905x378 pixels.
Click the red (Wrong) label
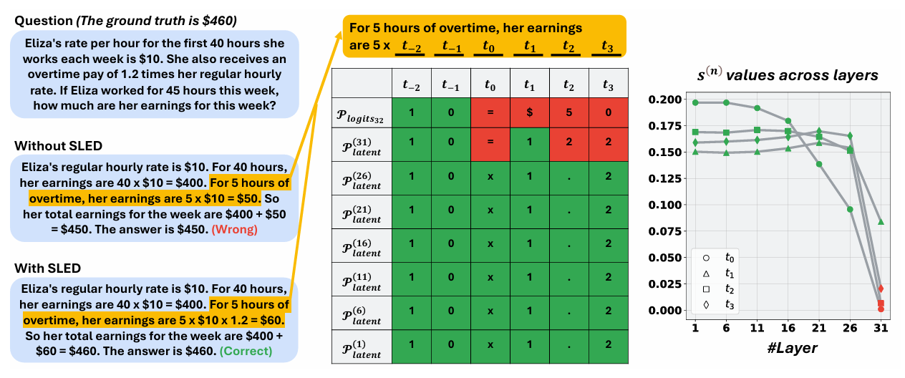pyautogui.click(x=238, y=231)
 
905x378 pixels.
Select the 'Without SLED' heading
pyautogui.click(x=58, y=146)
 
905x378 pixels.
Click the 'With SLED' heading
pyautogui.click(x=48, y=268)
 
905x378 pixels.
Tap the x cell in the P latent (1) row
pyautogui.click(x=490, y=344)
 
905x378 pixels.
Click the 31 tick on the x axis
pyautogui.click(x=881, y=327)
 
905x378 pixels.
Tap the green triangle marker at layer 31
pyautogui.click(x=881, y=222)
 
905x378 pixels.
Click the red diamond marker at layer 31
pyautogui.click(x=881, y=289)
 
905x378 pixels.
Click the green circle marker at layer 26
pyautogui.click(x=849, y=209)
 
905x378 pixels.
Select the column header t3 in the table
pyautogui.click(x=608, y=85)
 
